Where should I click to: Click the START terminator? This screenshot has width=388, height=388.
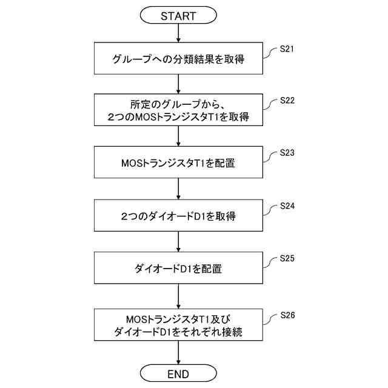tap(178, 16)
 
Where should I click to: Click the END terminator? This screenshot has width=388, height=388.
tap(178, 372)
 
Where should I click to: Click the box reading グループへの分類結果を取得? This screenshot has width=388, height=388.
tap(178, 59)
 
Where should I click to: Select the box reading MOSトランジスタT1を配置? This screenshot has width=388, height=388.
tap(178, 163)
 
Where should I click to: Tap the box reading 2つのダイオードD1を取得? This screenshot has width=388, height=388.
tap(178, 215)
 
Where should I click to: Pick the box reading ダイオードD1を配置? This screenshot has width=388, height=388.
tap(178, 267)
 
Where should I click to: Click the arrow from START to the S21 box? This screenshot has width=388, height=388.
tap(178, 33)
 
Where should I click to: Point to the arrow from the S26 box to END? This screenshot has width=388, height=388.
tap(178, 353)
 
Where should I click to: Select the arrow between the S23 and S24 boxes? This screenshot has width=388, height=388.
tap(178, 189)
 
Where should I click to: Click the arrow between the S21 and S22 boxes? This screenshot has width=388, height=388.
tap(178, 84)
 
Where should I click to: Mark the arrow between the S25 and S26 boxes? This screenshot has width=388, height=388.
tap(178, 296)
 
